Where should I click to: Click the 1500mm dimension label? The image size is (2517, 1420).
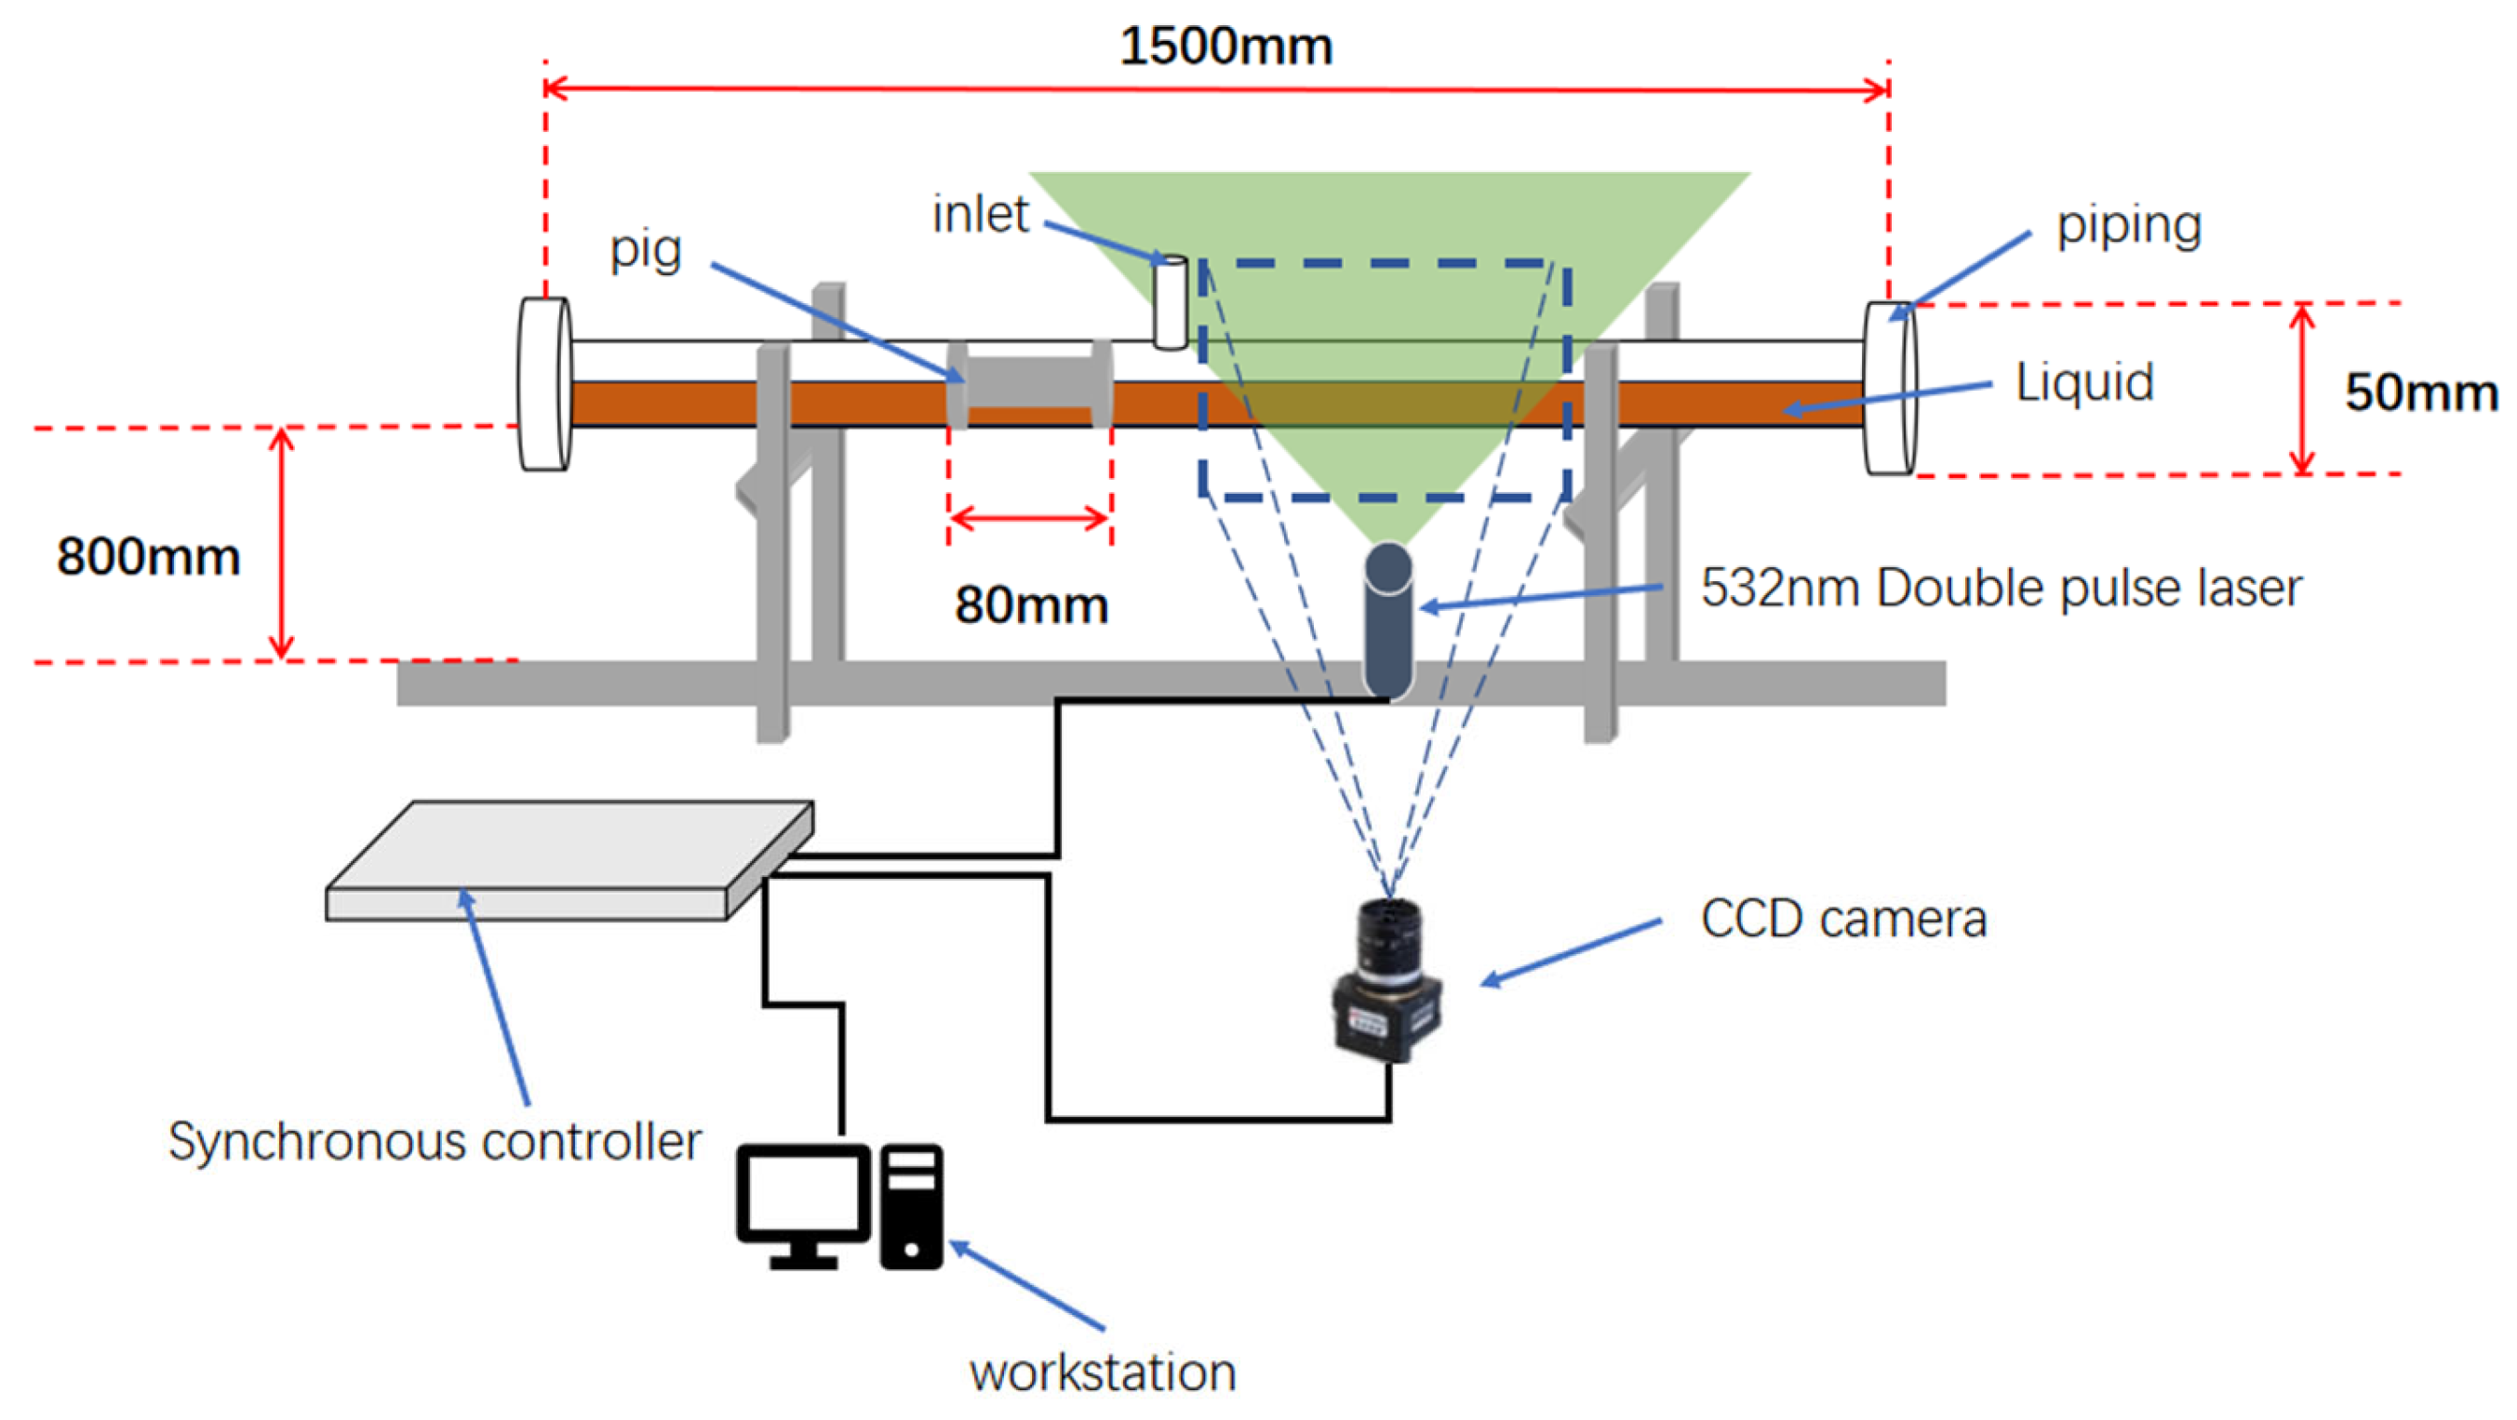pyautogui.click(x=1225, y=46)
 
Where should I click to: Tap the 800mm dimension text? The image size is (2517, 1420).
pyautogui.click(x=149, y=557)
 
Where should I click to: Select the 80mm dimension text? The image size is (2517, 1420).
pyautogui.click(x=1032, y=604)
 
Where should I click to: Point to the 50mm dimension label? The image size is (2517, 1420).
pyautogui.click(x=2421, y=392)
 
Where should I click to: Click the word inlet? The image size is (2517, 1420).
pyautogui.click(x=980, y=214)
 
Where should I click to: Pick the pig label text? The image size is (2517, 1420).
pyautogui.click(x=646, y=251)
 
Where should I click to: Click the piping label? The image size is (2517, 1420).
pyautogui.click(x=2129, y=227)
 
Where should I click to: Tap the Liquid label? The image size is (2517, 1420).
pyautogui.click(x=2085, y=382)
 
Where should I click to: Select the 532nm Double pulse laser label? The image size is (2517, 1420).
pyautogui.click(x=2002, y=589)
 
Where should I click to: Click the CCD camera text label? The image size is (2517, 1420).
pyautogui.click(x=1843, y=919)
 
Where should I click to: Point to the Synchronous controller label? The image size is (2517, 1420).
pyautogui.click(x=435, y=1142)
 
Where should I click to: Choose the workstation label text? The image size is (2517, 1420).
pyautogui.click(x=1104, y=1373)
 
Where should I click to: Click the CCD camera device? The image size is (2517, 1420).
pyautogui.click(x=1387, y=979)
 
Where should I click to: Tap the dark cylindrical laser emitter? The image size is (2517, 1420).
pyautogui.click(x=1388, y=621)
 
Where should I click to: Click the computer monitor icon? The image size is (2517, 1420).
pyautogui.click(x=803, y=1207)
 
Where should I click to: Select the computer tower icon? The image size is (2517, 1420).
pyautogui.click(x=912, y=1207)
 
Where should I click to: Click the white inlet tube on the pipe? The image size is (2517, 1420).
pyautogui.click(x=1171, y=302)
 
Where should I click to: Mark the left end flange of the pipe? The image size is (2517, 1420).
pyautogui.click(x=544, y=385)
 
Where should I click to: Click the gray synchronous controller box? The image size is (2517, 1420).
pyautogui.click(x=569, y=861)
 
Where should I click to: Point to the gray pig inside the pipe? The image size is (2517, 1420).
pyautogui.click(x=1030, y=385)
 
